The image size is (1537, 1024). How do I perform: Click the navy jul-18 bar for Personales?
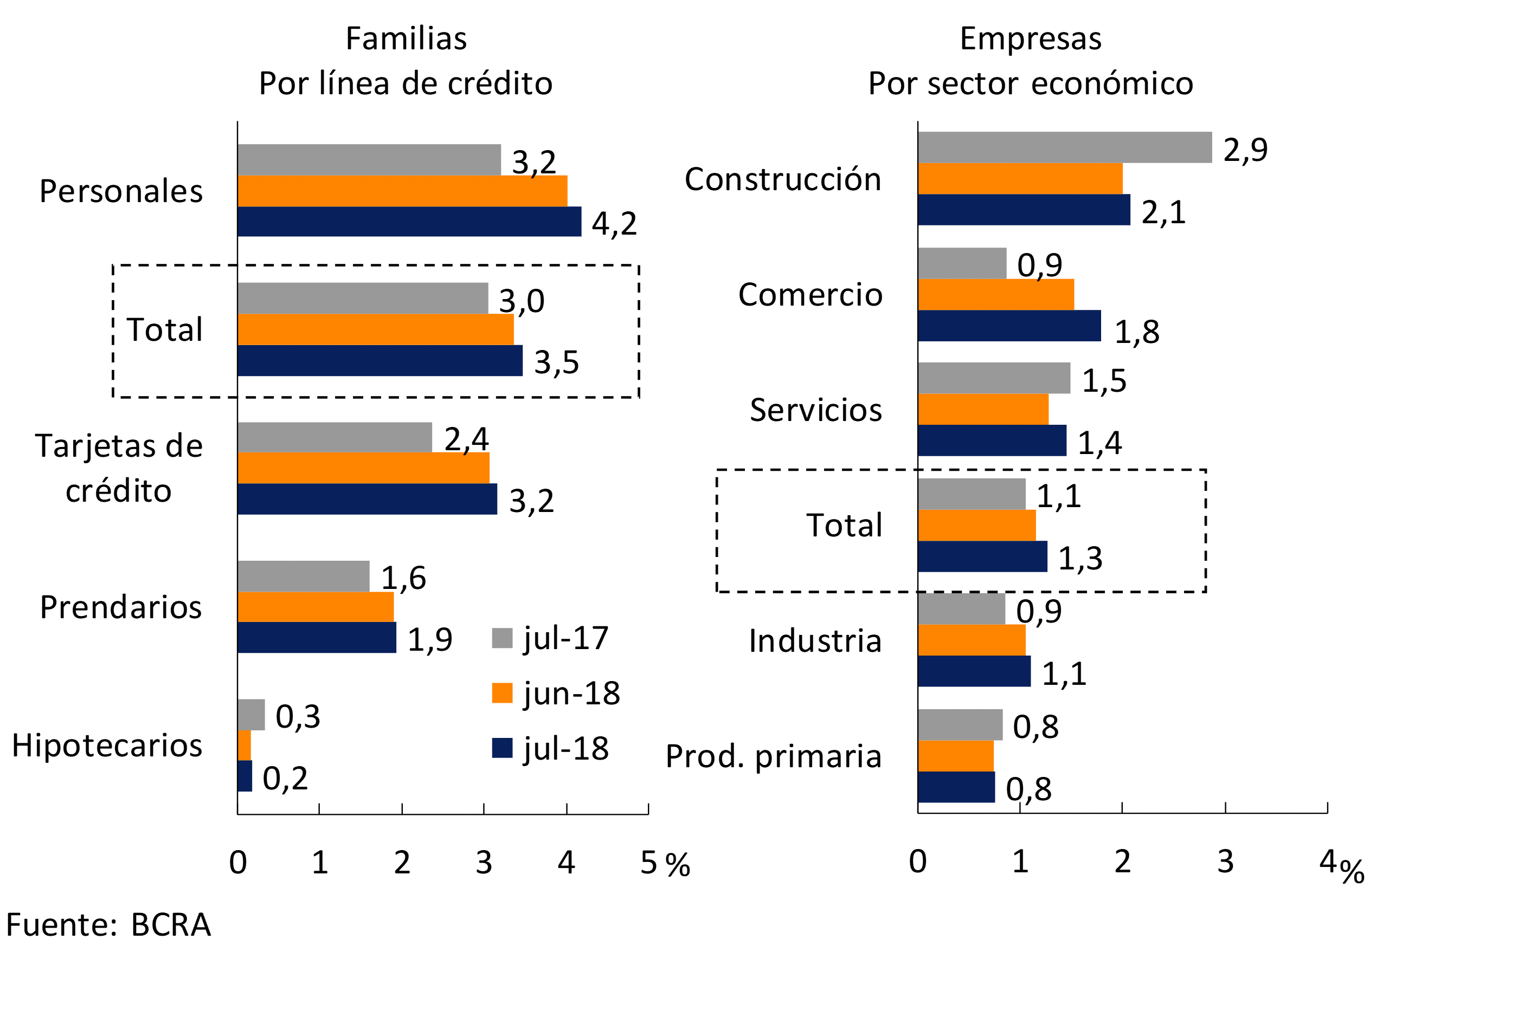(x=409, y=222)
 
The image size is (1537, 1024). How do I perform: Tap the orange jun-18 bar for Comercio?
(x=995, y=295)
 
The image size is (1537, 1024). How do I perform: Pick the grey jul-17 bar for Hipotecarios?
(x=251, y=715)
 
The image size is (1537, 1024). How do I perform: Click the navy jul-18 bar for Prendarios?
(x=317, y=637)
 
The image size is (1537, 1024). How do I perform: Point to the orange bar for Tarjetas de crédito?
(x=363, y=468)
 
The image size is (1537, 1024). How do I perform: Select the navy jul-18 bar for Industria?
(x=974, y=671)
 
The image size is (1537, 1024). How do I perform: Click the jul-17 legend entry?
(x=550, y=638)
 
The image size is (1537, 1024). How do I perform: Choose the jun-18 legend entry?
(x=556, y=693)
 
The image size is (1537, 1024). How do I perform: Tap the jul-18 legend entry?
(x=550, y=748)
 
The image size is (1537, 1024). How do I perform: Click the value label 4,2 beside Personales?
(x=614, y=223)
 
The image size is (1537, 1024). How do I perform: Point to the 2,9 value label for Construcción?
(x=1245, y=150)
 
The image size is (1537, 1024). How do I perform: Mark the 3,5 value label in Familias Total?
(x=556, y=362)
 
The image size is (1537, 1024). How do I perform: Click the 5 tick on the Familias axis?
(x=648, y=863)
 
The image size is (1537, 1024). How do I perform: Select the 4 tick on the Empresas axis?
(x=1327, y=862)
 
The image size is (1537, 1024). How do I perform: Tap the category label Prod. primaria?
(x=774, y=756)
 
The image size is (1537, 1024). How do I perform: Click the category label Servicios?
(x=815, y=410)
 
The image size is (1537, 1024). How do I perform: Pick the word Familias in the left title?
(x=406, y=38)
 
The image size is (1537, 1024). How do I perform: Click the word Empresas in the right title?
(x=1031, y=38)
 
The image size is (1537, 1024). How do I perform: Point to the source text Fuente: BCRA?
(x=108, y=925)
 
